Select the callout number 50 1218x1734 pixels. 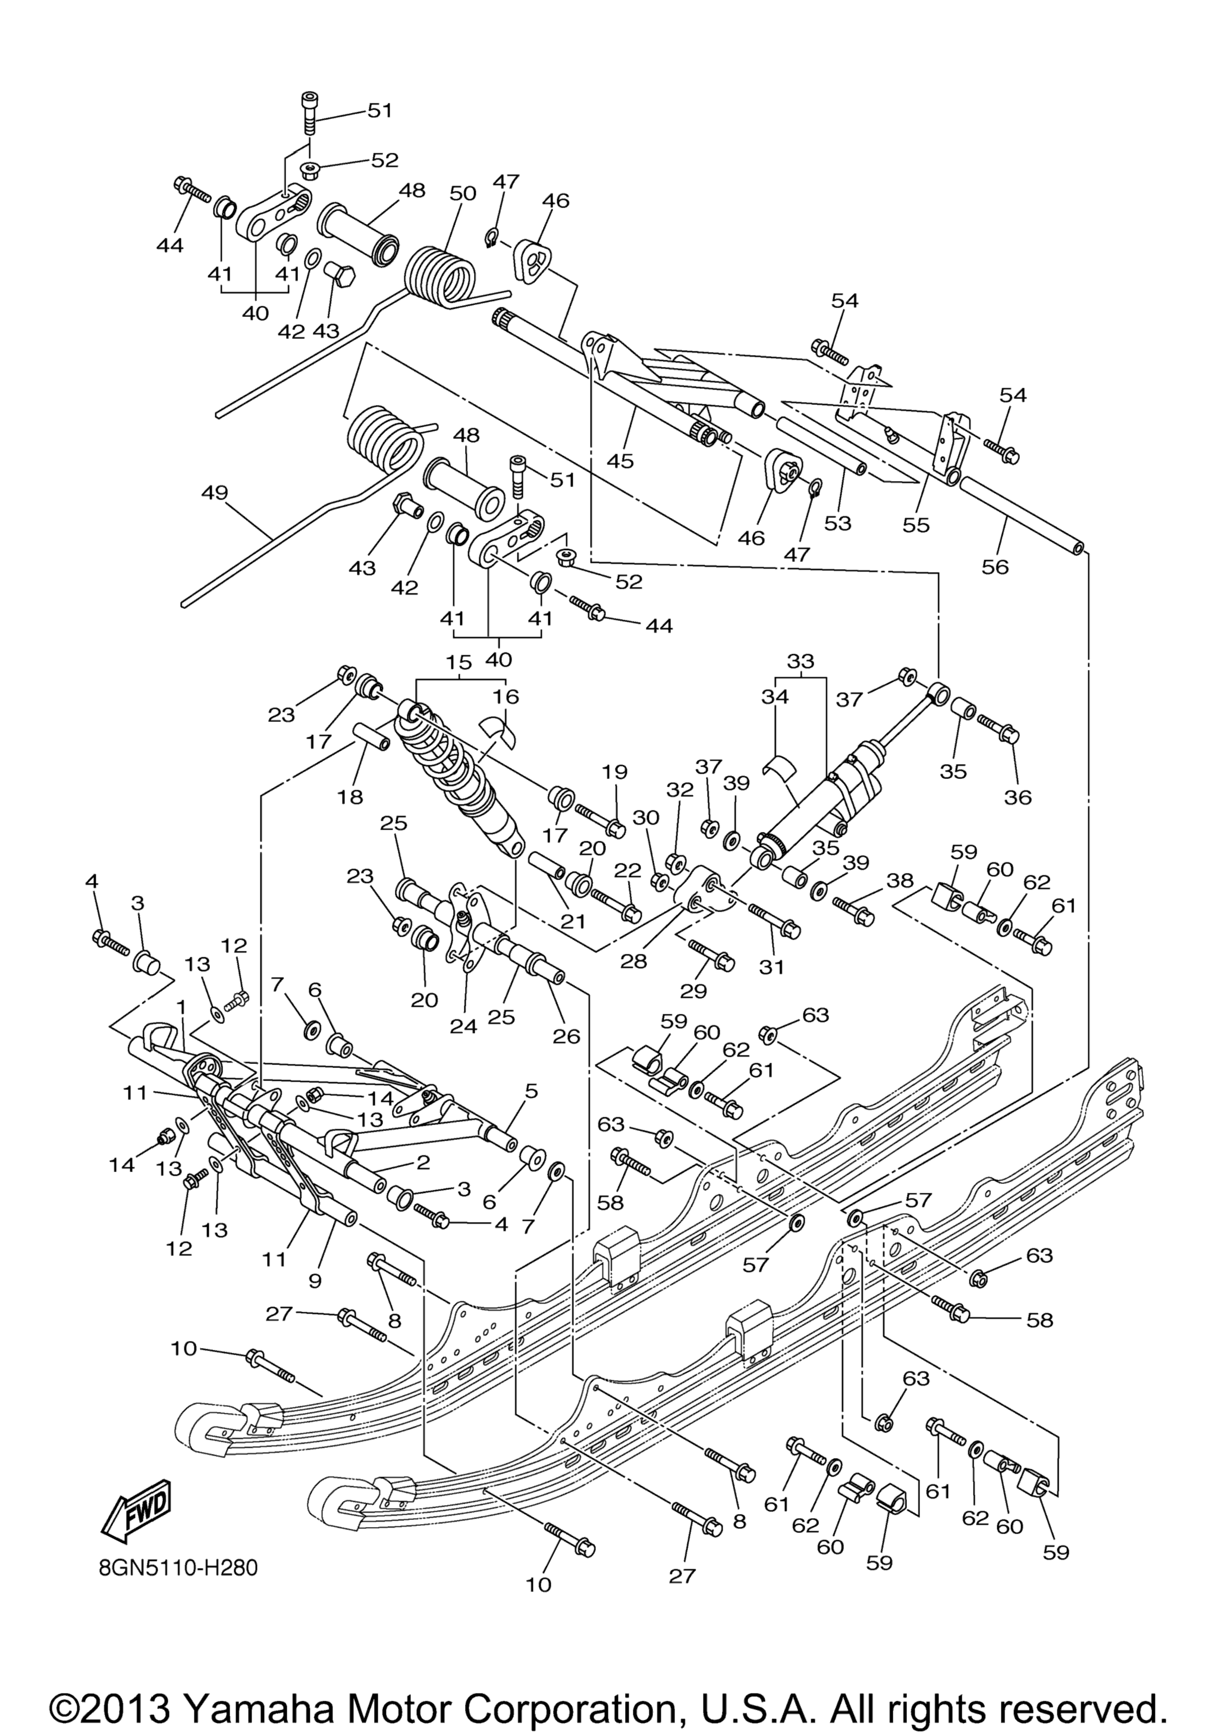[463, 193]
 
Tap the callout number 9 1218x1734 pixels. [315, 1280]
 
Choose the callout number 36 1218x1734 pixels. [1018, 796]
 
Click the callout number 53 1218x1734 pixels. [837, 523]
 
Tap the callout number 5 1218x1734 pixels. [532, 1091]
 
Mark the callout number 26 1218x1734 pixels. [566, 1036]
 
